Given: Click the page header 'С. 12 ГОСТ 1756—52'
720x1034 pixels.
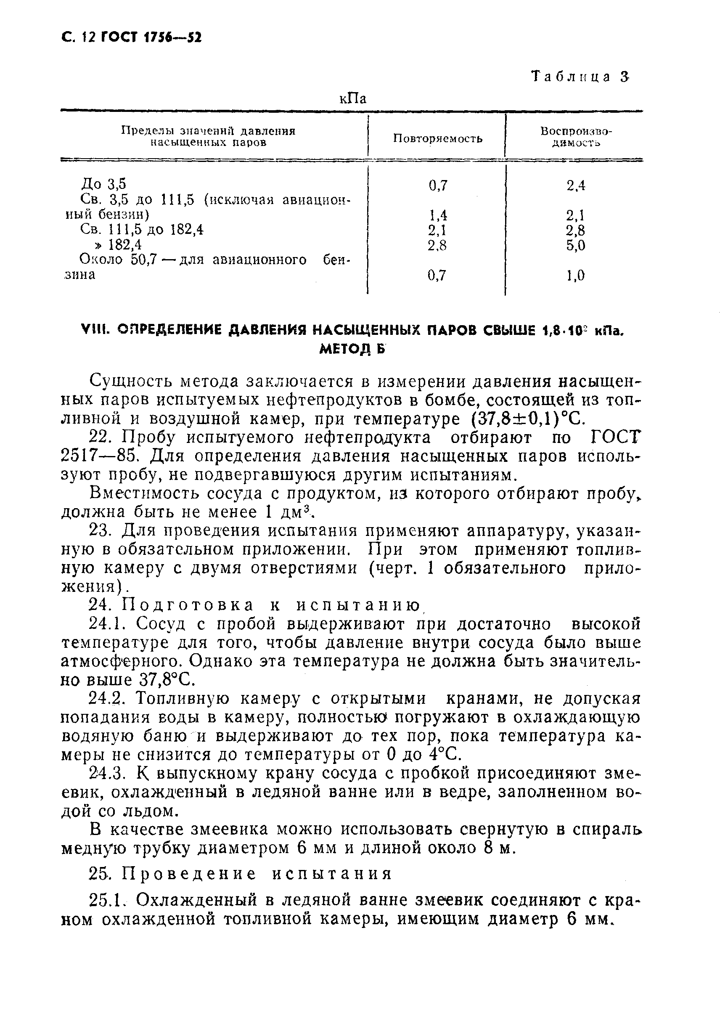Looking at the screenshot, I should pos(130,38).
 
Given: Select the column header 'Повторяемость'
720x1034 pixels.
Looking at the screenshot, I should pos(438,138).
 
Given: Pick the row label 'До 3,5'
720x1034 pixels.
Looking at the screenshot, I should pos(103,184).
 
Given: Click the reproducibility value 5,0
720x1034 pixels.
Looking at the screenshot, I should pos(576,245).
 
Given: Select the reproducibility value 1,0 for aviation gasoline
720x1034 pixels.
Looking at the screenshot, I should pos(576,275).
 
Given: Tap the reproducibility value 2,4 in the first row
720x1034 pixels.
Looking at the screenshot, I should pos(576,185).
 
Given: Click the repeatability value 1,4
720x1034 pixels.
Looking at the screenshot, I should pos(437,215).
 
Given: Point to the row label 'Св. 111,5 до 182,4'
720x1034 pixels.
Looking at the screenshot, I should pos(141,230).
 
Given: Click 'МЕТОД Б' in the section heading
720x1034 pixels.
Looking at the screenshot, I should pos(352,348).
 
